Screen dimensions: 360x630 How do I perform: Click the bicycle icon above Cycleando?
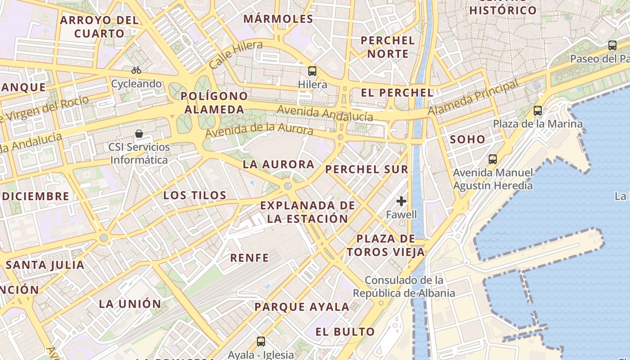click(x=136, y=70)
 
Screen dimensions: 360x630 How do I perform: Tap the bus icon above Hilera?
click(x=312, y=71)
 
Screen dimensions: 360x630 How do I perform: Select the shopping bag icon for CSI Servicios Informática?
click(x=139, y=134)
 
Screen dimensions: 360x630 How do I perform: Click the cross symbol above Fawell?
click(x=401, y=201)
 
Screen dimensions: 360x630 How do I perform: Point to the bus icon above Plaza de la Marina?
click(x=537, y=110)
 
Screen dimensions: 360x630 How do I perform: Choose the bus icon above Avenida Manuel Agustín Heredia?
click(x=493, y=159)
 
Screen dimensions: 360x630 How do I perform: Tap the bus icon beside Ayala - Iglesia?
click(x=261, y=342)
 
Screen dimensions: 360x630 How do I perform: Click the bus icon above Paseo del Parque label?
click(x=612, y=45)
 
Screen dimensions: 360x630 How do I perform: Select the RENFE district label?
click(x=249, y=258)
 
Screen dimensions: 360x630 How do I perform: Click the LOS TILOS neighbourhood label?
click(x=195, y=195)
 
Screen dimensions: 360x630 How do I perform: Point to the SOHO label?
click(x=468, y=139)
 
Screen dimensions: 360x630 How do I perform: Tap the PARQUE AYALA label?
click(x=302, y=307)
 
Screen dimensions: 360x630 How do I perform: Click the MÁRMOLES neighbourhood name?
click(x=278, y=19)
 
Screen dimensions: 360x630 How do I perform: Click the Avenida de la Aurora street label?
click(x=259, y=130)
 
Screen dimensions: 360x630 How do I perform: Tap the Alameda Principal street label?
click(x=472, y=98)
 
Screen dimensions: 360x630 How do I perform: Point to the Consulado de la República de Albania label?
click(x=404, y=287)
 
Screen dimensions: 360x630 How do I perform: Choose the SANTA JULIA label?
click(x=45, y=265)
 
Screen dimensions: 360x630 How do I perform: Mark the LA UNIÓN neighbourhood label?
click(x=130, y=304)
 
